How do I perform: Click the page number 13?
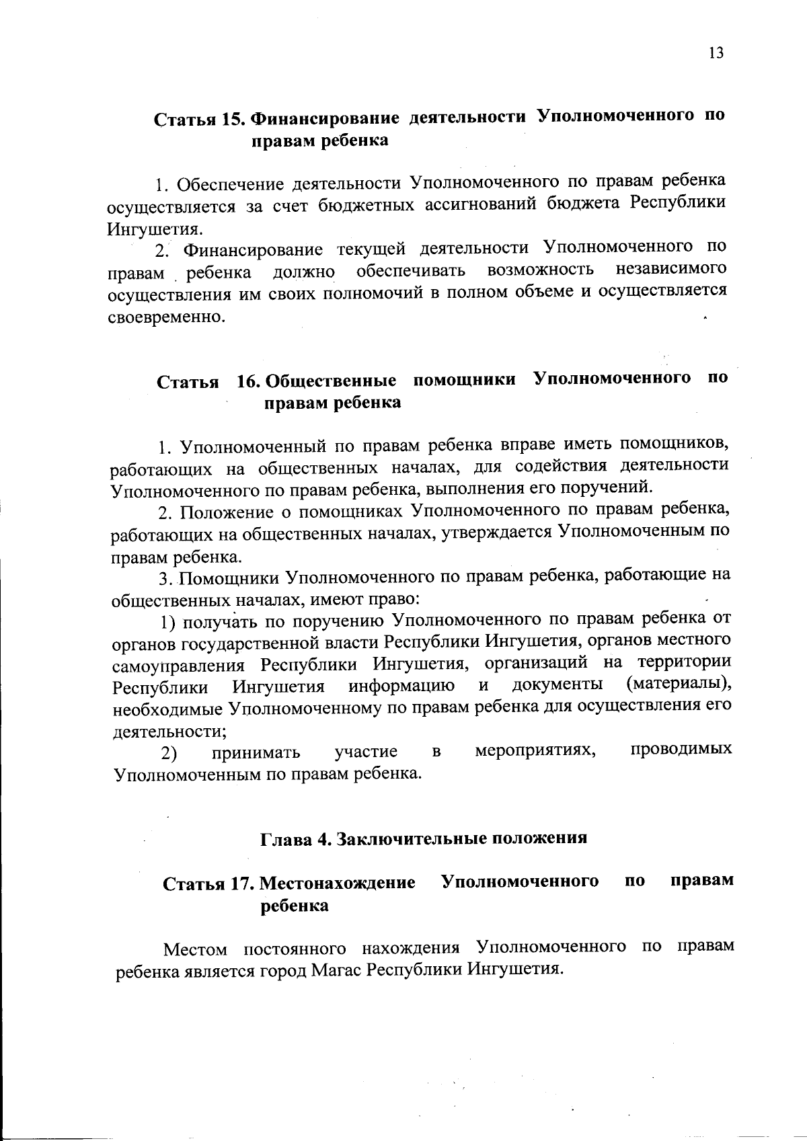716,53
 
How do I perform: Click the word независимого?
671,269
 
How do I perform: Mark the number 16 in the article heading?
247,381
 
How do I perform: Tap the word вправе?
528,444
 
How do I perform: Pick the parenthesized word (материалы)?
678,684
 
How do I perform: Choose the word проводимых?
681,748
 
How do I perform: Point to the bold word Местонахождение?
338,883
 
